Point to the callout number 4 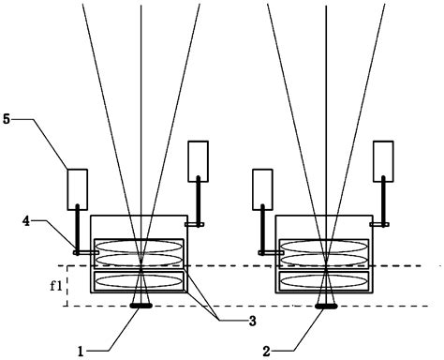(30, 221)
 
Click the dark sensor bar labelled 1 (141, 305)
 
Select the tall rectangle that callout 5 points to (76, 187)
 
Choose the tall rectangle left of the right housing (262, 187)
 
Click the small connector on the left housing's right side (194, 225)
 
